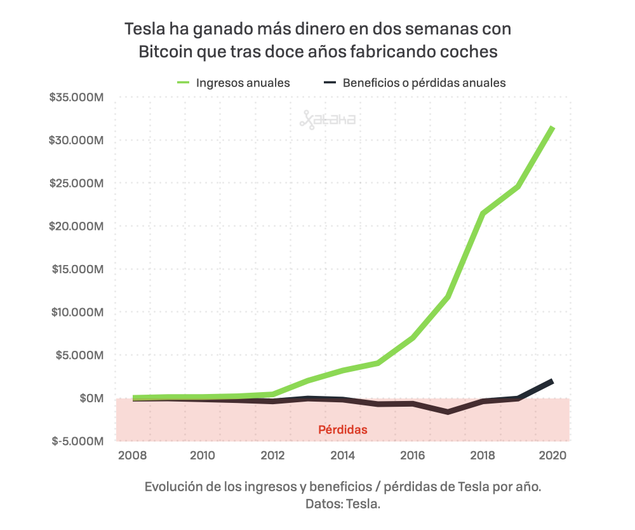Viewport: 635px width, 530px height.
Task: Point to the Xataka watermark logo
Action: (328, 119)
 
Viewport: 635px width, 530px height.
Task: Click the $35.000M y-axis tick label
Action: (76, 97)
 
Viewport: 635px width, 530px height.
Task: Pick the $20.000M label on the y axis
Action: (76, 226)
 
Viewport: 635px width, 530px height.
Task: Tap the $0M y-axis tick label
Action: (90, 398)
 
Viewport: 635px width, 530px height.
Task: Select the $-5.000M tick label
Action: (79, 441)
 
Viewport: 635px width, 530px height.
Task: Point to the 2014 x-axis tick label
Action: (342, 456)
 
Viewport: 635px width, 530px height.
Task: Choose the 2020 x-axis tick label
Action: (552, 456)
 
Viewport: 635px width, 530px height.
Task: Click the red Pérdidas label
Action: (343, 430)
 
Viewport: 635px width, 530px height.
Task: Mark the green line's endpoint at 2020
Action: (553, 128)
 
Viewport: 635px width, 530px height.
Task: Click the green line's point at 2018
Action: (483, 214)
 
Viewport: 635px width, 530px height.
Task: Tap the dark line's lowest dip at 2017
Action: (448, 412)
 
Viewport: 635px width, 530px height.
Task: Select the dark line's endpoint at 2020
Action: (552, 381)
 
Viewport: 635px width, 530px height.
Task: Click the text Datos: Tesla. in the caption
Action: (343, 504)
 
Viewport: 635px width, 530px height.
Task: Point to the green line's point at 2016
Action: (413, 337)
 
